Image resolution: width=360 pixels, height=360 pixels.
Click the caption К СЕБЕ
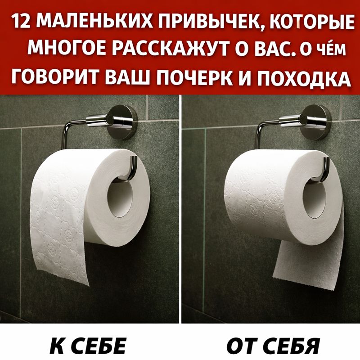[x=88, y=345]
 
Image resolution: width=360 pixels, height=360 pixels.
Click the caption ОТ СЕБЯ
[x=273, y=346]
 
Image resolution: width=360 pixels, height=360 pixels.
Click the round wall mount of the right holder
[x=316, y=122]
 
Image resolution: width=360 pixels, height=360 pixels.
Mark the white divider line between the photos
[x=180, y=209]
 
